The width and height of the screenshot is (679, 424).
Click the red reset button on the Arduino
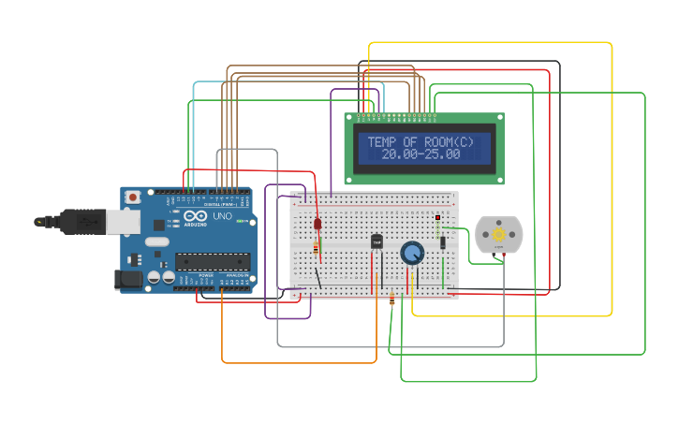coord(133,197)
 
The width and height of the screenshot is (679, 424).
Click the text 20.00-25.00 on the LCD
coord(421,154)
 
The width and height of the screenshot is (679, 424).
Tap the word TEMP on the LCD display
coord(383,142)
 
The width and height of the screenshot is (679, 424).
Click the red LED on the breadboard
coord(317,226)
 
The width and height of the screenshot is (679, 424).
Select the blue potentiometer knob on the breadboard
coord(412,253)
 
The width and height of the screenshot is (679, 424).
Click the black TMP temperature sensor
coord(377,241)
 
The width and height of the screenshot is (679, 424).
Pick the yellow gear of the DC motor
coord(498,234)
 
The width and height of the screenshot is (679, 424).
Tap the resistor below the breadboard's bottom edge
coord(391,300)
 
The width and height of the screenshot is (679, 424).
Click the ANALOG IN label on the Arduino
coord(234,289)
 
